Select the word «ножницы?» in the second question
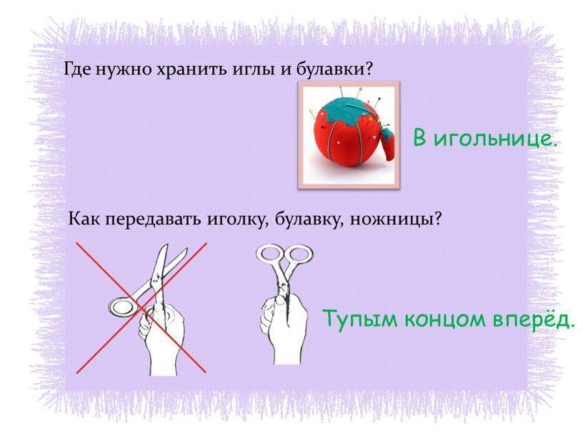396,219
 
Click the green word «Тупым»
360,319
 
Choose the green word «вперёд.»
531,319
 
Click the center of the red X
141,308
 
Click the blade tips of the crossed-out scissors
175,249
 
